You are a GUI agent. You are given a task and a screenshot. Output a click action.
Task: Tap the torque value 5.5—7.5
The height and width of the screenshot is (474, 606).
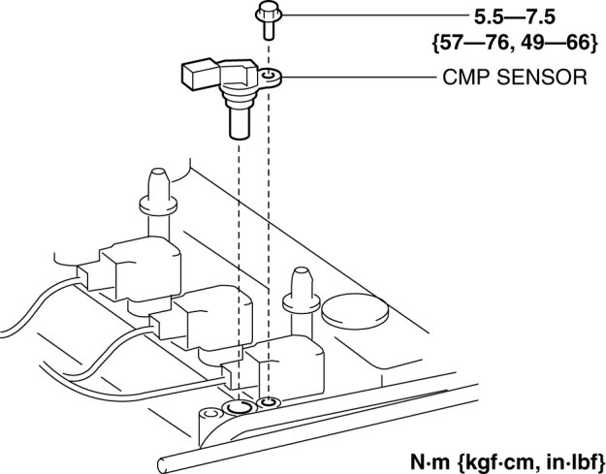tap(515, 17)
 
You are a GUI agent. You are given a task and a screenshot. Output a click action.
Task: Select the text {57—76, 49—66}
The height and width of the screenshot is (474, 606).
tap(515, 43)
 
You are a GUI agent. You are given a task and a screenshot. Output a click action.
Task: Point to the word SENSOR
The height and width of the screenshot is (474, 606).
tap(542, 77)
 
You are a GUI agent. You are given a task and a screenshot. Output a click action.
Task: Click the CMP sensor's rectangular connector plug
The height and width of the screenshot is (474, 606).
tap(200, 74)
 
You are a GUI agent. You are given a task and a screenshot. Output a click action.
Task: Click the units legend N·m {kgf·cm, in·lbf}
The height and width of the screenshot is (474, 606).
tap(507, 461)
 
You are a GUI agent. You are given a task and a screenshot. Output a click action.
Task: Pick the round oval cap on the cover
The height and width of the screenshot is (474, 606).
tap(355, 311)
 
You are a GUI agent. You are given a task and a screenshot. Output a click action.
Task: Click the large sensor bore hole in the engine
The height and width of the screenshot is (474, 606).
tap(239, 407)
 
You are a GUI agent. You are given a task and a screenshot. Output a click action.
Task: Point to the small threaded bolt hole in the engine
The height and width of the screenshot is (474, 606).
tap(269, 403)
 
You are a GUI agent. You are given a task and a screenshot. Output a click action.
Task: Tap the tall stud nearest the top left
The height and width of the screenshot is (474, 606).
tap(158, 201)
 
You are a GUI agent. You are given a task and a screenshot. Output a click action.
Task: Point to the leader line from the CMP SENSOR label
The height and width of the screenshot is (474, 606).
tap(360, 78)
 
